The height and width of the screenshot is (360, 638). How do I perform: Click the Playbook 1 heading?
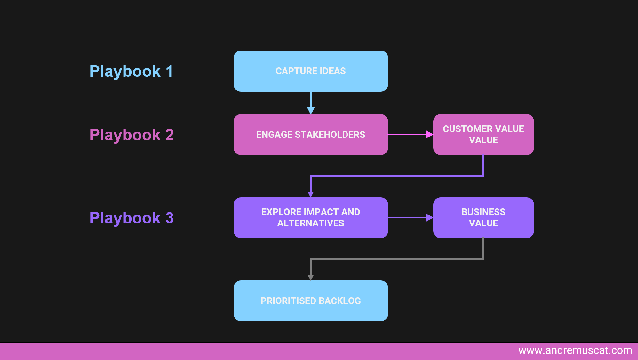click(x=131, y=71)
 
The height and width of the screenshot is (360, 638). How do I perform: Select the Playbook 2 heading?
click(x=132, y=135)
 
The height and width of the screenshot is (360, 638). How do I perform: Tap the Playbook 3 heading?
click(x=132, y=218)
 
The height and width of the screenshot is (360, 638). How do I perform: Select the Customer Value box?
click(x=483, y=135)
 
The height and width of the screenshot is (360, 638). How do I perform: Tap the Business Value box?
click(x=483, y=218)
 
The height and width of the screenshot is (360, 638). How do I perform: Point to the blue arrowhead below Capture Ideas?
click(x=311, y=110)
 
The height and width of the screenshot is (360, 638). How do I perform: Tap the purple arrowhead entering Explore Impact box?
click(x=310, y=194)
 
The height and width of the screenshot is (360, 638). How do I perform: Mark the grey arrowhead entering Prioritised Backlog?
click(x=310, y=278)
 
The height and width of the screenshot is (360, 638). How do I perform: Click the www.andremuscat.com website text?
click(x=575, y=350)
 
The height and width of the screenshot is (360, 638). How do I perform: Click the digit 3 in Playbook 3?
click(x=170, y=218)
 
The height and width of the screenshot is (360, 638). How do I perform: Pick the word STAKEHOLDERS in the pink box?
click(x=330, y=135)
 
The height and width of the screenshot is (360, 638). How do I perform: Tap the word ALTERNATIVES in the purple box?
click(x=310, y=223)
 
